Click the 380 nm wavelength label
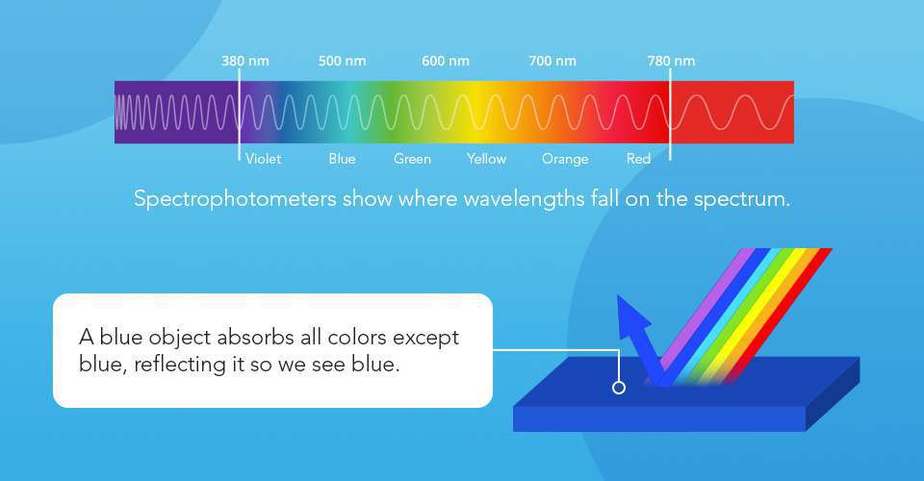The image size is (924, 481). coord(244,62)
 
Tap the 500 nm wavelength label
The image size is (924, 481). coord(343,62)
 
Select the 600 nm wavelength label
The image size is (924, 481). coord(446,62)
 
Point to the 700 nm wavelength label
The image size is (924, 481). coord(552,62)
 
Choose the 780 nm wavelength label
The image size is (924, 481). coord(671,62)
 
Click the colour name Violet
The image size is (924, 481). coord(264,159)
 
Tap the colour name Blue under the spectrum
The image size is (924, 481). coord(342,159)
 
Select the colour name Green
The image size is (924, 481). coord(412,159)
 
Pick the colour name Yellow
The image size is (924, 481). coord(486,159)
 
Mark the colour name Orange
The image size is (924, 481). coord(565,159)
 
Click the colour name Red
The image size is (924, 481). coord(638,159)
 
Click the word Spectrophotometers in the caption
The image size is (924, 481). coord(234,200)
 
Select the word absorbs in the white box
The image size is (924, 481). coord(229,339)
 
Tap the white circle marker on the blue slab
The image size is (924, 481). coord(619,388)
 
